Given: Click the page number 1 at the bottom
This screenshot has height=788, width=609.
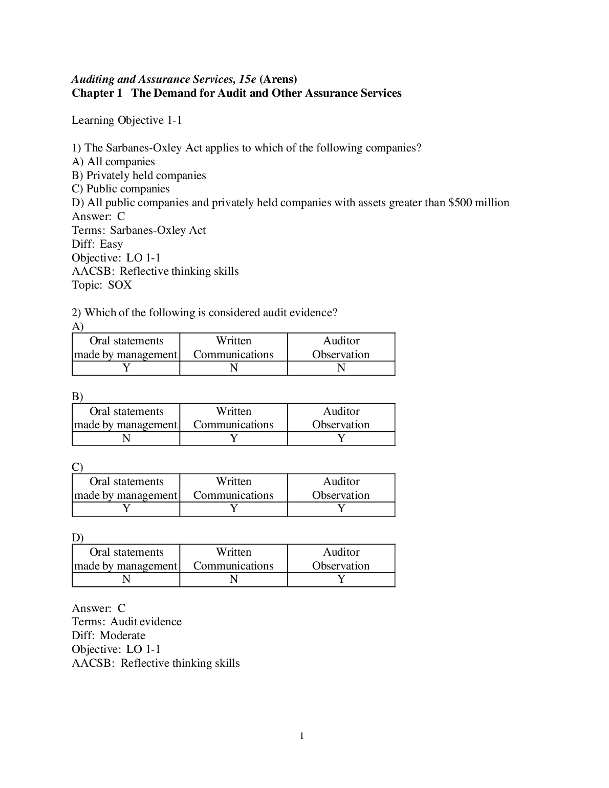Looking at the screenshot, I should pyautogui.click(x=301, y=736).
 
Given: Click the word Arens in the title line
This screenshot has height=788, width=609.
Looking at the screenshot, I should pyautogui.click(x=278, y=79).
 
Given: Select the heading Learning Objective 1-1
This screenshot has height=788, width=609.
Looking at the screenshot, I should pyautogui.click(x=126, y=120).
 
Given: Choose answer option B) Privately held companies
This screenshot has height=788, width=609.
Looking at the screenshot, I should pyautogui.click(x=139, y=176).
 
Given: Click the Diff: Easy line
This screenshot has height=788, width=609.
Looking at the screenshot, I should pyautogui.click(x=97, y=244).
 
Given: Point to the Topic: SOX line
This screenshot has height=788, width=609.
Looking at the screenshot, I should pyautogui.click(x=102, y=285).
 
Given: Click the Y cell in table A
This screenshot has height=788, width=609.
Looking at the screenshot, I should pyautogui.click(x=126, y=368).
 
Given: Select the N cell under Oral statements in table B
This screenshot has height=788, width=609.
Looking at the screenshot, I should pyautogui.click(x=126, y=439).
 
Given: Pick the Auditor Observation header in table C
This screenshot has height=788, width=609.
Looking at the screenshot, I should pyautogui.click(x=341, y=488).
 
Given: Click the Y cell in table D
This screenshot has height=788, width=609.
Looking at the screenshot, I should pyautogui.click(x=341, y=579).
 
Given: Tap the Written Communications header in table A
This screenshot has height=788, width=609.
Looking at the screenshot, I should pyautogui.click(x=233, y=347).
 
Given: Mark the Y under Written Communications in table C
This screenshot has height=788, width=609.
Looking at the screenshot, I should pyautogui.click(x=234, y=509).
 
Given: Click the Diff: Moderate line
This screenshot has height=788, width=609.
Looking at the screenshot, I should pyautogui.click(x=108, y=636).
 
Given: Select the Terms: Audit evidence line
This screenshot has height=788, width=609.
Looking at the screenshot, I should pyautogui.click(x=126, y=622).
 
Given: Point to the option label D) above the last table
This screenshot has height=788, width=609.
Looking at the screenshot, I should pyautogui.click(x=77, y=538).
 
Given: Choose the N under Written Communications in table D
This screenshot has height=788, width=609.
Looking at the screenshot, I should pyautogui.click(x=234, y=579).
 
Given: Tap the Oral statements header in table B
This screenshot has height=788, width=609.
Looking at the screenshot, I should pyautogui.click(x=126, y=418).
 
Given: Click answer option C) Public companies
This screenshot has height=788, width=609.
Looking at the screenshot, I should pyautogui.click(x=121, y=189).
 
